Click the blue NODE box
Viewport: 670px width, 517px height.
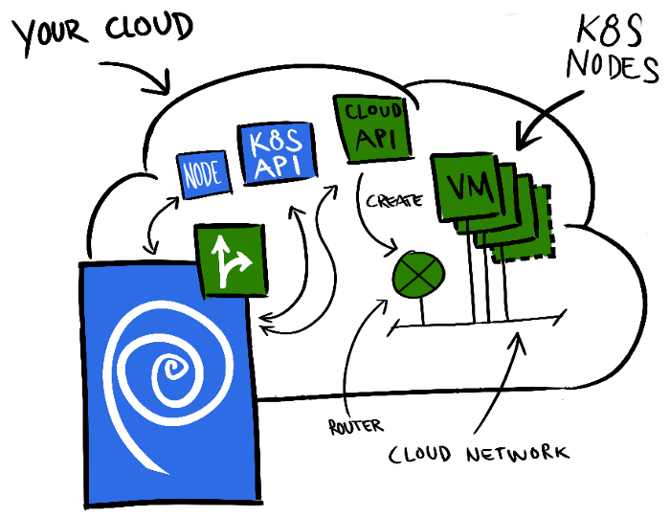click(203, 173)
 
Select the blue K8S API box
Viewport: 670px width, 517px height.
click(276, 152)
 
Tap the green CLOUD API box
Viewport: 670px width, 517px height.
click(373, 126)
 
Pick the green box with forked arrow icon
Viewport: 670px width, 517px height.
click(232, 260)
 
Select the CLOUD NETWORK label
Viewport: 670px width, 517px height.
click(479, 453)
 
